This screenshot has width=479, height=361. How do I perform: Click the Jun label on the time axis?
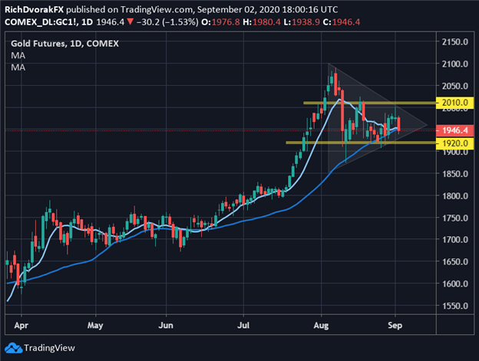pyautogui.click(x=167, y=324)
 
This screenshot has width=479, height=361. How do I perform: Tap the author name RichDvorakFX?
pyautogui.click(x=33, y=8)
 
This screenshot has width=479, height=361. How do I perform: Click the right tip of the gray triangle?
pyautogui.click(x=427, y=123)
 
